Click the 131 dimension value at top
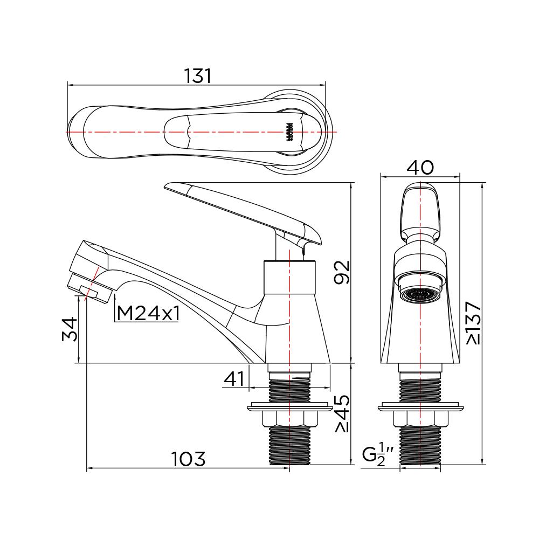tap(197, 76)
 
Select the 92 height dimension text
tap(342, 272)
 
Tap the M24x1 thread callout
tap(147, 313)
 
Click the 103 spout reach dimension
tap(188, 459)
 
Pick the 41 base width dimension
tap(234, 379)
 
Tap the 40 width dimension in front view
tap(420, 168)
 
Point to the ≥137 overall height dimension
tap(473, 322)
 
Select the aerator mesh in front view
tap(419, 295)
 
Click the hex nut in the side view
tap(289, 418)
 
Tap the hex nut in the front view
tap(420, 418)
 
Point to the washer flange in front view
tap(420, 406)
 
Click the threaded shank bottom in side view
tap(289, 445)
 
